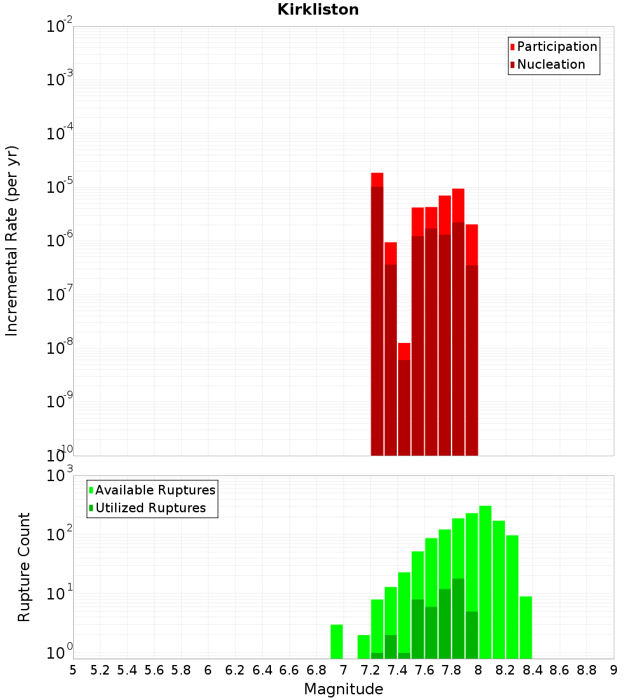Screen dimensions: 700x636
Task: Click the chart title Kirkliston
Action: [x=318, y=10]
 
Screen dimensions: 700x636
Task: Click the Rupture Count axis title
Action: [x=24, y=567]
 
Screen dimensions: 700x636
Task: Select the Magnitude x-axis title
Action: [x=343, y=689]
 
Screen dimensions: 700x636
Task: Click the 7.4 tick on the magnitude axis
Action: [x=397, y=670]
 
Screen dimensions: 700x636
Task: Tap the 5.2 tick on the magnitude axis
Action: [x=100, y=670]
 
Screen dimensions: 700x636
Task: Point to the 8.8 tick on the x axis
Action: [x=586, y=670]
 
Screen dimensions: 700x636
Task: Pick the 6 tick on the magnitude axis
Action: [x=208, y=670]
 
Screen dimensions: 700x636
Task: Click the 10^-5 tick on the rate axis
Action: [x=60, y=187]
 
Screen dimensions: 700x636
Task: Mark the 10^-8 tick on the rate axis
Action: [x=60, y=348]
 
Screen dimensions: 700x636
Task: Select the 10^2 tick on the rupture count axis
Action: [x=60, y=535]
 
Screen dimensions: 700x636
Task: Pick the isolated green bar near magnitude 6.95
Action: [x=336, y=641]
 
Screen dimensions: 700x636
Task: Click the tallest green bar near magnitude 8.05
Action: [x=485, y=582]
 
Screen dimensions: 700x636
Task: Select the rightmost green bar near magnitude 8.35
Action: [x=526, y=627]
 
